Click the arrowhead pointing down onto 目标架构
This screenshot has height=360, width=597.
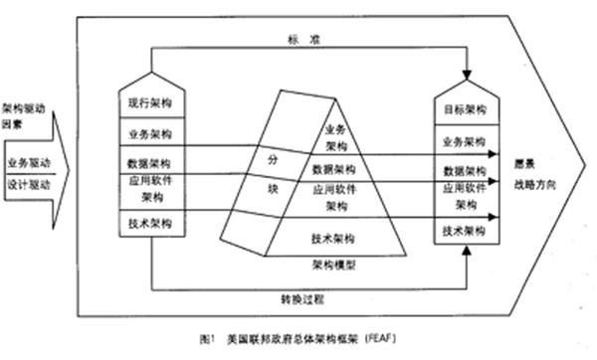465,76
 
